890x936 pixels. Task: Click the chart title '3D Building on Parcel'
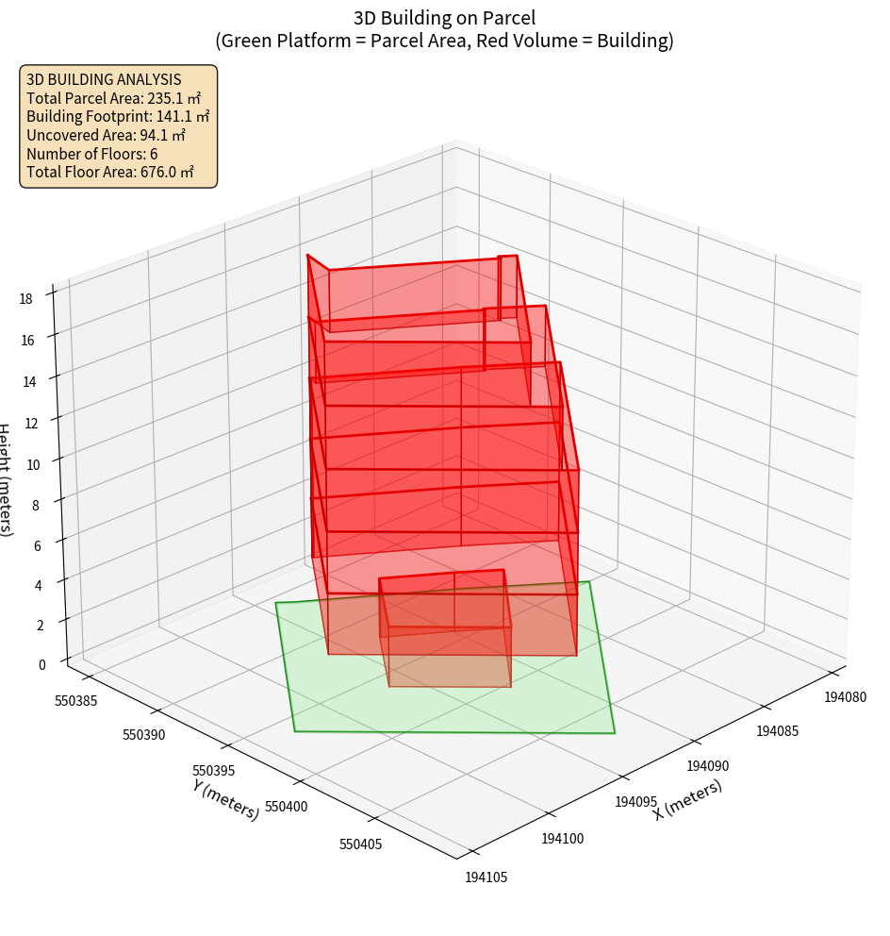coord(445,17)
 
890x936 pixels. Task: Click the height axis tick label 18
coord(25,298)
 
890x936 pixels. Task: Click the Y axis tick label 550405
coord(361,844)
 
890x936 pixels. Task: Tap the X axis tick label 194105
coord(486,877)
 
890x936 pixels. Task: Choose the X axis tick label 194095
coord(636,802)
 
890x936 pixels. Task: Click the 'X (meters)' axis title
coord(688,799)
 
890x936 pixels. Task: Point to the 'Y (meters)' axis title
coord(226,798)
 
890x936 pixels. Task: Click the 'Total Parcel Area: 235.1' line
coord(113,98)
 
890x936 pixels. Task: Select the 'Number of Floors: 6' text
coord(92,154)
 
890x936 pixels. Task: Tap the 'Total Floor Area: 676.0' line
coord(110,172)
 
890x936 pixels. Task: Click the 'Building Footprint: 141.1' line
coord(118,117)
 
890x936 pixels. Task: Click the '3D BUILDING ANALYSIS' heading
coord(104,80)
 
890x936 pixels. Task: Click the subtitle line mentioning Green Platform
coord(445,41)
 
